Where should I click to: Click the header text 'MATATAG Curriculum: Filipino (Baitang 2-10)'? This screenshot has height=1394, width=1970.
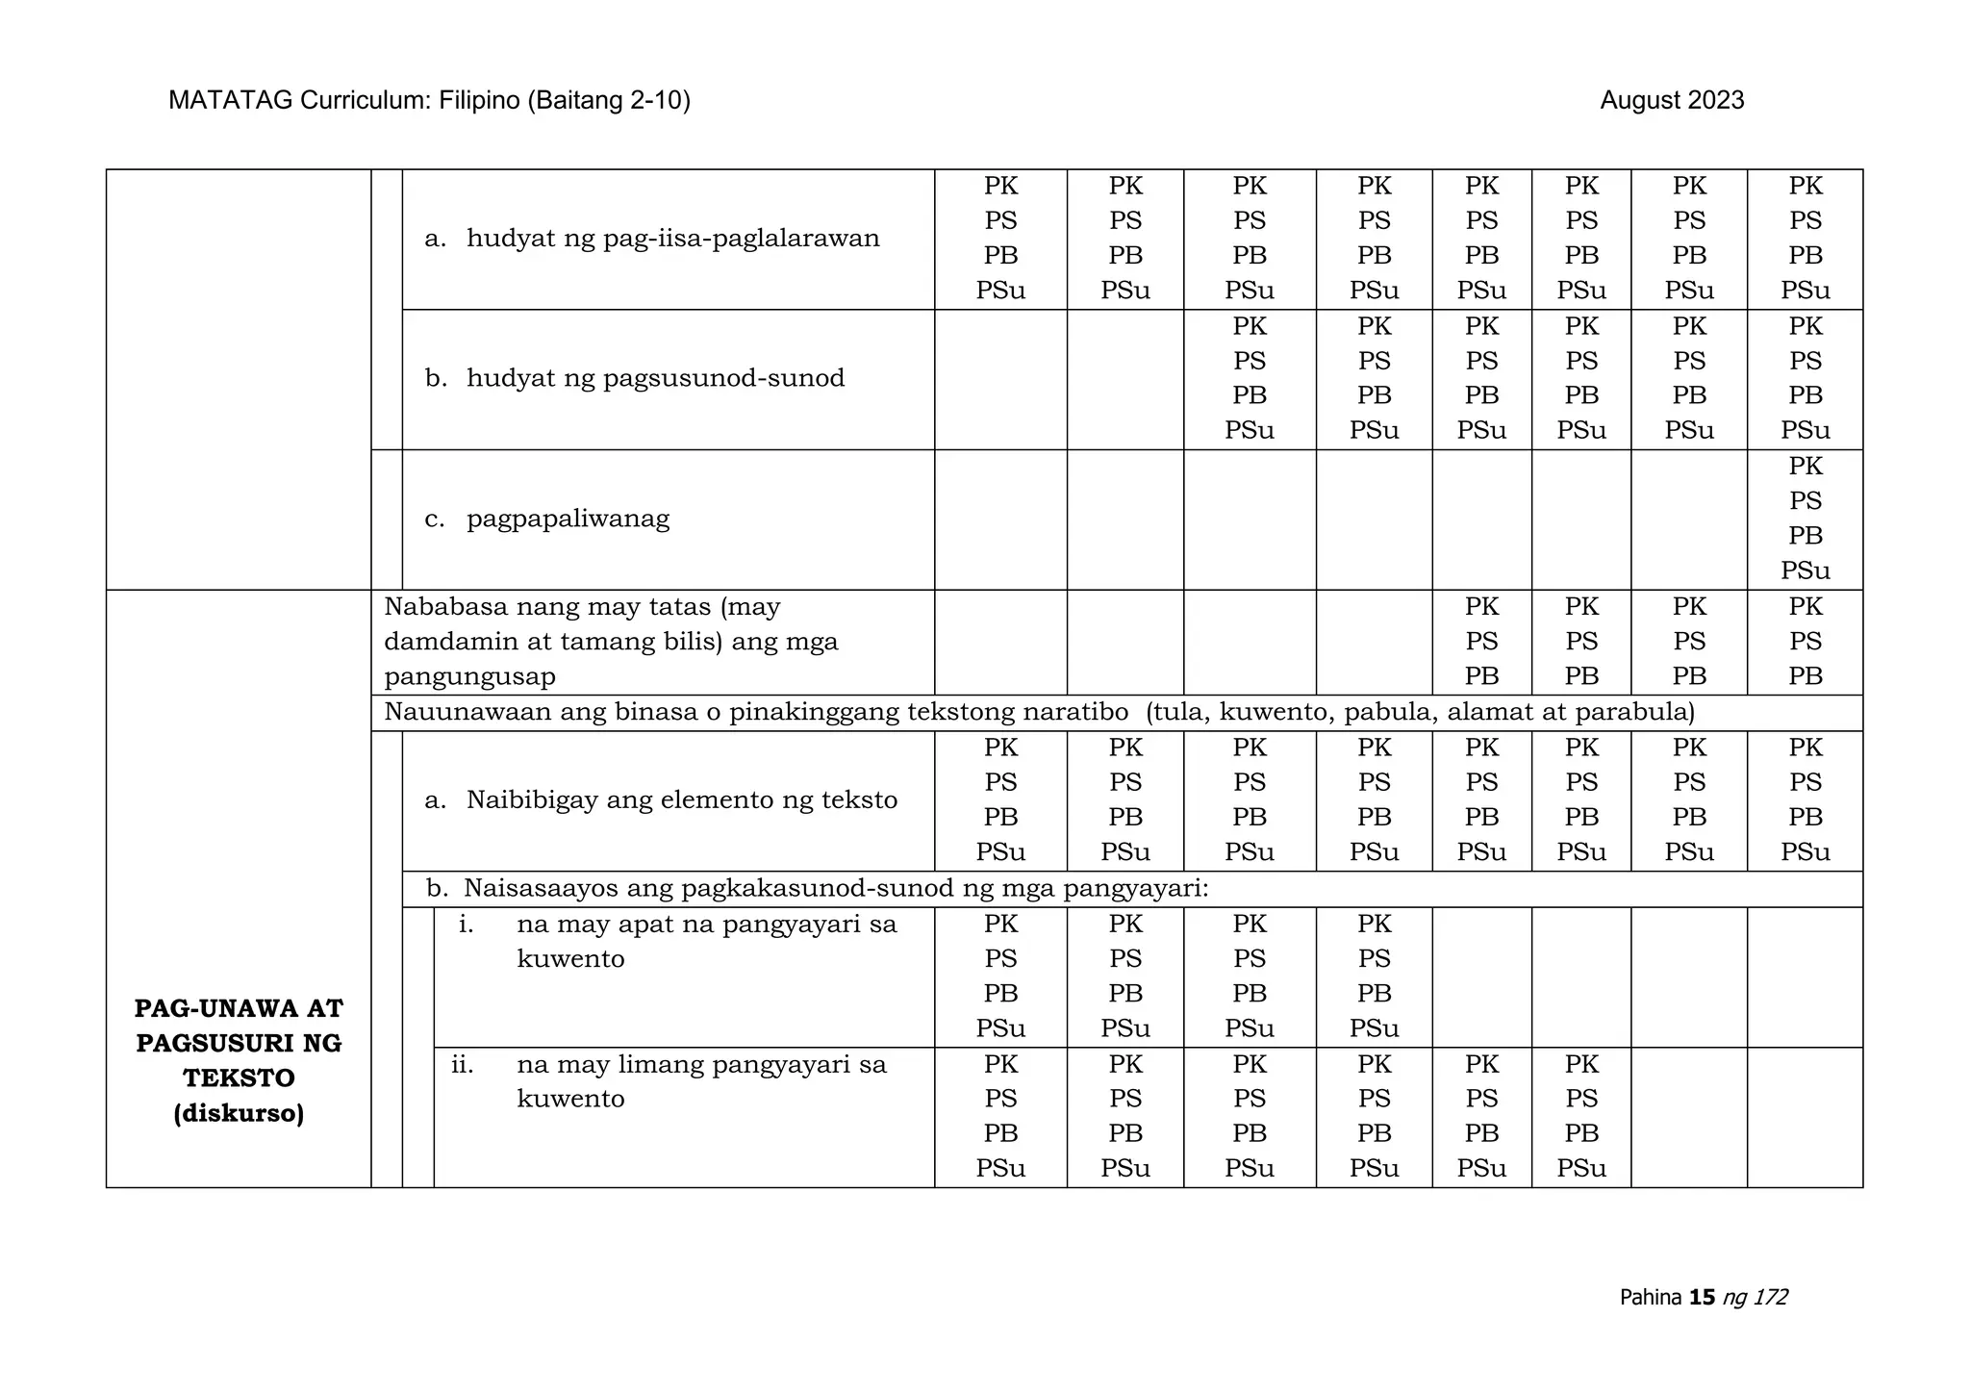click(x=429, y=101)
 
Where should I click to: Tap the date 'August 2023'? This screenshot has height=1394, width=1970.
click(x=1672, y=101)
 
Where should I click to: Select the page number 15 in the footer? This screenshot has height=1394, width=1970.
click(x=1702, y=1298)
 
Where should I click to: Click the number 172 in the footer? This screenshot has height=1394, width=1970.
click(x=1770, y=1298)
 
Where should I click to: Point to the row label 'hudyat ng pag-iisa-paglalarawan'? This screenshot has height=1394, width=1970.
click(x=672, y=239)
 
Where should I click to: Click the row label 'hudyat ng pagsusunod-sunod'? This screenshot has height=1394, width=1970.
click(x=655, y=378)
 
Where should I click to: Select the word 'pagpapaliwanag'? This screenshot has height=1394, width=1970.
click(x=568, y=519)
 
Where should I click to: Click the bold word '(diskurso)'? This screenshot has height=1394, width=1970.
click(x=239, y=1114)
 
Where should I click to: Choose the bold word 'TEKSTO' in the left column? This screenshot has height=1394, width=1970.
click(x=239, y=1078)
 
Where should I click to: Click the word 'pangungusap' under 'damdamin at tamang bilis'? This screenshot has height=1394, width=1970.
click(x=469, y=677)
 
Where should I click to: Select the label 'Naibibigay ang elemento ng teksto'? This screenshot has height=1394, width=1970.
click(x=681, y=800)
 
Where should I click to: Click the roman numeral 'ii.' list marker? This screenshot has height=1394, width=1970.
click(x=463, y=1065)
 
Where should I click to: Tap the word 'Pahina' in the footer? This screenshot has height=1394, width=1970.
click(x=1651, y=1298)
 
